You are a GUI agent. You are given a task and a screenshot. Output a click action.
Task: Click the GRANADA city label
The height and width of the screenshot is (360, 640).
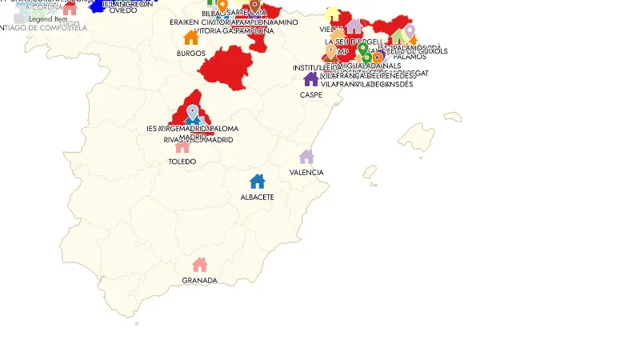(199, 281)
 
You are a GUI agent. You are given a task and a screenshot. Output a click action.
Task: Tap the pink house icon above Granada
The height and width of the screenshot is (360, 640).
(200, 265)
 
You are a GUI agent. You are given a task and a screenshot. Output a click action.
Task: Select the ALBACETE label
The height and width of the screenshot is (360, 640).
(258, 197)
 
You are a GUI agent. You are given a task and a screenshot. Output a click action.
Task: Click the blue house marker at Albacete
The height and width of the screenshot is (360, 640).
(257, 182)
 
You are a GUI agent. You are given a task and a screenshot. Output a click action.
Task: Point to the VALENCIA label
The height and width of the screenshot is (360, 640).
(306, 173)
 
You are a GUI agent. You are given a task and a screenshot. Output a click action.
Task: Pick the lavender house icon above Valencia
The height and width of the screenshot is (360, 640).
(306, 157)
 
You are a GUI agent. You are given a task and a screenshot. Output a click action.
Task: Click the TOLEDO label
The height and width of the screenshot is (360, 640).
(182, 162)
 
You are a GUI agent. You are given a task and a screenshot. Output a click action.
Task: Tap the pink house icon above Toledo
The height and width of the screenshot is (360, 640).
(182, 146)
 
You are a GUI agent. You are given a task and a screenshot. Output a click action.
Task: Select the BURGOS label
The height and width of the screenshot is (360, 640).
(191, 54)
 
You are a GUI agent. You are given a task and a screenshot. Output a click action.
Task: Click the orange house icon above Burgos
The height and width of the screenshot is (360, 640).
(191, 38)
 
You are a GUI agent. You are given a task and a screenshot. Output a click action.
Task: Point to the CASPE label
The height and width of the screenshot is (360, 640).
(311, 94)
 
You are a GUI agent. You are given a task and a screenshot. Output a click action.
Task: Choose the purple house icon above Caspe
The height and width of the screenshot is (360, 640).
(311, 78)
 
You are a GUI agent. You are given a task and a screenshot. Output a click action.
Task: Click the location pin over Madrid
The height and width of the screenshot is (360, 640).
(192, 112)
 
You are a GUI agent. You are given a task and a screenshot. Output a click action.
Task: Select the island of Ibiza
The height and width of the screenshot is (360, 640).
(370, 171)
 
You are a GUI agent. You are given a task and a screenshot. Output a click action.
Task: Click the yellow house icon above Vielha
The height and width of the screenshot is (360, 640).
(332, 13)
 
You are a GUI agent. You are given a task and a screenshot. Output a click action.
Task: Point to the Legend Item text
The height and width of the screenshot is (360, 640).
(48, 18)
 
